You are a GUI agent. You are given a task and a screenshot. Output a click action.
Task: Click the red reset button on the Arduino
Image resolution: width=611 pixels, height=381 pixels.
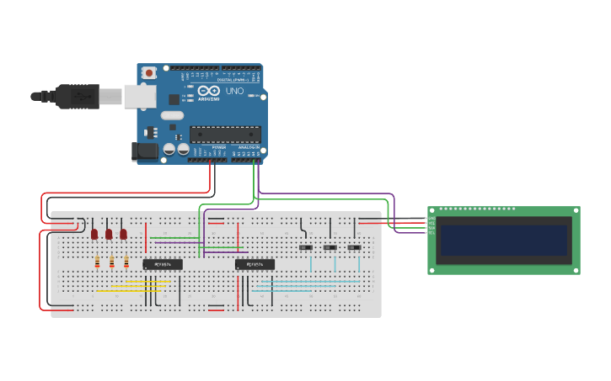[149, 73]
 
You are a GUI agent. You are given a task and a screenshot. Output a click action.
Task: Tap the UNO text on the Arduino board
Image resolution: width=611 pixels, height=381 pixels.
[234, 91]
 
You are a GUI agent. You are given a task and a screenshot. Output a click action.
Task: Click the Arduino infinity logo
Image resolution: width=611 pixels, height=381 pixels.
[210, 91]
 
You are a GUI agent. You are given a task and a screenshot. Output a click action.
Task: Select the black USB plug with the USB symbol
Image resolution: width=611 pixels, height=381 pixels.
[78, 97]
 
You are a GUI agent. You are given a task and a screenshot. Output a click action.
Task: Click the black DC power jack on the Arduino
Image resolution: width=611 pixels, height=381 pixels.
[146, 151]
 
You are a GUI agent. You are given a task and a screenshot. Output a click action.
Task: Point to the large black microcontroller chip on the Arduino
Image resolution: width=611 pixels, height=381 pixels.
[225, 134]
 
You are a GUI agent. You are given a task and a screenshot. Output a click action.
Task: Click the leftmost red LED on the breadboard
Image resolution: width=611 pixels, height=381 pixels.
[94, 234]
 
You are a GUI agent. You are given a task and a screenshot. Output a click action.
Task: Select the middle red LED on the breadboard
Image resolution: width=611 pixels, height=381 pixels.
[109, 234]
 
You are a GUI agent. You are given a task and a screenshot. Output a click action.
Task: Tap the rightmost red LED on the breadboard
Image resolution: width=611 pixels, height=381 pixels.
[123, 234]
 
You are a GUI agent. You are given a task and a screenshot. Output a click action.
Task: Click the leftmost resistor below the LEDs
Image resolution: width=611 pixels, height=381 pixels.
[97, 262]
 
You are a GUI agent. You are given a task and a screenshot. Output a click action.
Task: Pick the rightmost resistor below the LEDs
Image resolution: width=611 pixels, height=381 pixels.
[126, 262]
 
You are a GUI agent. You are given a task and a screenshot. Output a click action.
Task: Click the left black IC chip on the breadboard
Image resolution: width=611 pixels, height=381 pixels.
[163, 264]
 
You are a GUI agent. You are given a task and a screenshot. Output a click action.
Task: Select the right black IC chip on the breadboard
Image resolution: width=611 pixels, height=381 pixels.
[255, 264]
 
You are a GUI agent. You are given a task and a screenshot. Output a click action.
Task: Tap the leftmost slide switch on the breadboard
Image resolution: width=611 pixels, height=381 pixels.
[306, 247]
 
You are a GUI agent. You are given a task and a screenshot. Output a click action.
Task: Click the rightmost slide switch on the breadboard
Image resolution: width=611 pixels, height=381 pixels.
[354, 247]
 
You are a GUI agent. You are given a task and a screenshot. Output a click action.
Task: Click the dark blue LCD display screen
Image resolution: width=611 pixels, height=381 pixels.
[504, 240]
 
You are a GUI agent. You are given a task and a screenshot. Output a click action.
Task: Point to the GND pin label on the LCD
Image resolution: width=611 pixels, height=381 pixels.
[431, 219]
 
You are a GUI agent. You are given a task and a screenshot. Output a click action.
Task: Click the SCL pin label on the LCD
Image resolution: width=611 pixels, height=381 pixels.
[431, 231]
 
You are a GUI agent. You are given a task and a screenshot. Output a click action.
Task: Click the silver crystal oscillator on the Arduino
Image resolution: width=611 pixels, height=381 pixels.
[172, 115]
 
